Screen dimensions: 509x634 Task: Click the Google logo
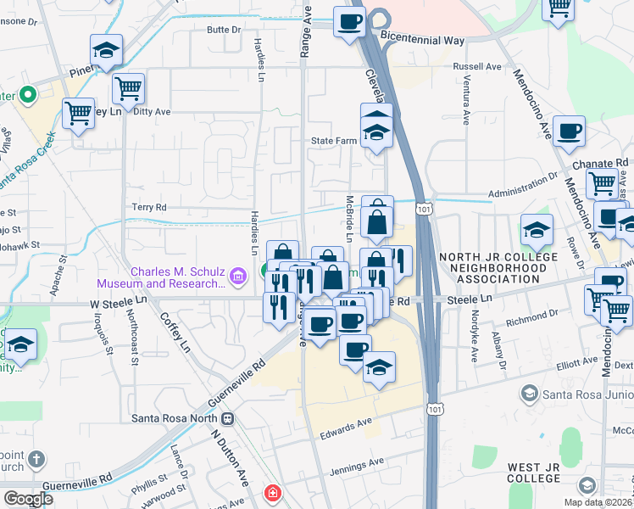click(x=28, y=499)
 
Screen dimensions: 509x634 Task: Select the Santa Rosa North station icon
click(x=227, y=417)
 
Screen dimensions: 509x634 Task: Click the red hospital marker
click(x=272, y=492)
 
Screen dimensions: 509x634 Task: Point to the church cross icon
click(x=36, y=459)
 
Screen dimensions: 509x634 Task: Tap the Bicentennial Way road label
click(x=424, y=39)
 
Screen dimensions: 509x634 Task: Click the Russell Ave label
click(x=477, y=66)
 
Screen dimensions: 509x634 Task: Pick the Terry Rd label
click(x=149, y=206)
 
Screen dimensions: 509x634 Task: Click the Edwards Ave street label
click(x=346, y=428)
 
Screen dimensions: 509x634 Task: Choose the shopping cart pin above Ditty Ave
click(x=128, y=87)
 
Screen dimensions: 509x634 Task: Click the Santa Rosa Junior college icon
click(x=530, y=393)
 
